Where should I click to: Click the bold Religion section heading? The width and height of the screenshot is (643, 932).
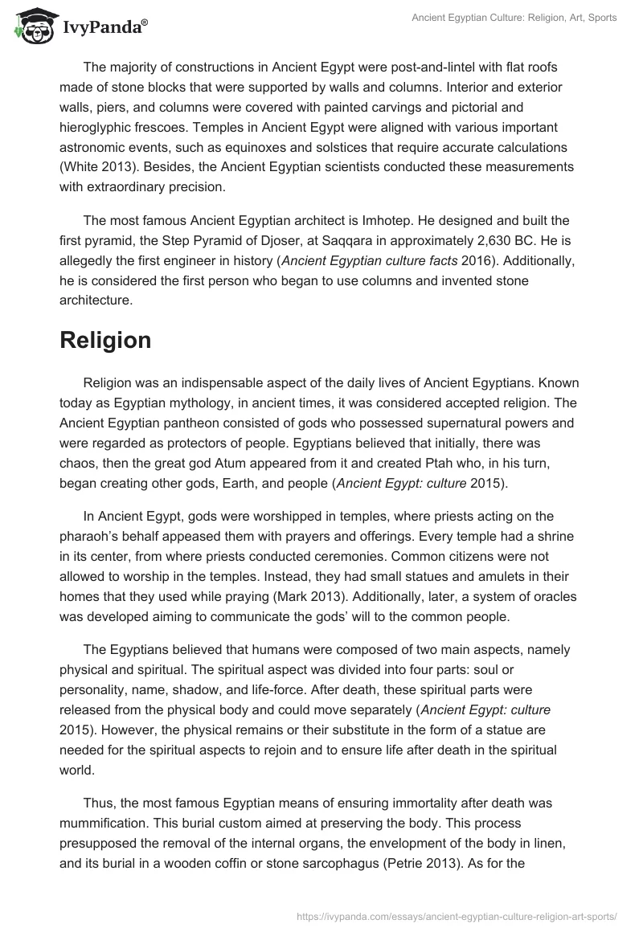[x=105, y=340]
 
